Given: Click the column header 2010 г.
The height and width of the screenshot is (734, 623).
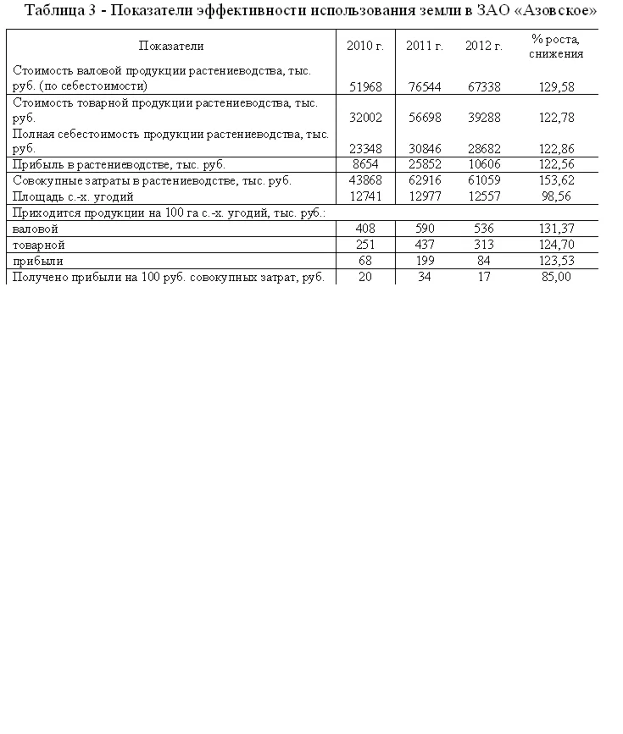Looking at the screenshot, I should pos(365,46).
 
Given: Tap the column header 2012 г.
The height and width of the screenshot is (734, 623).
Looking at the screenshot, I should pos(484,46).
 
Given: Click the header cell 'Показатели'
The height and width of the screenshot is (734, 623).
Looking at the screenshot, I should pos(171,46).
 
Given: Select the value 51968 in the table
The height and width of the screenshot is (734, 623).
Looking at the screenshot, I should pos(365,86).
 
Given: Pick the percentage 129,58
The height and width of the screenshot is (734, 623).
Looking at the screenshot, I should pos(555,86).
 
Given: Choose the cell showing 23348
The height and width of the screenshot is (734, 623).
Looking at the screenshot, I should pos(365,149).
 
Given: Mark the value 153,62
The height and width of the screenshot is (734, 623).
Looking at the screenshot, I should pos(555,180).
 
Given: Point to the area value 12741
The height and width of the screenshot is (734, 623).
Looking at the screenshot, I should pos(365,196).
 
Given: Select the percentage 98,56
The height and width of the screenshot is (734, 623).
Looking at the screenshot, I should pos(555,196).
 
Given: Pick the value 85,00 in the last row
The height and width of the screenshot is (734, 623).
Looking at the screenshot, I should pos(555,276).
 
